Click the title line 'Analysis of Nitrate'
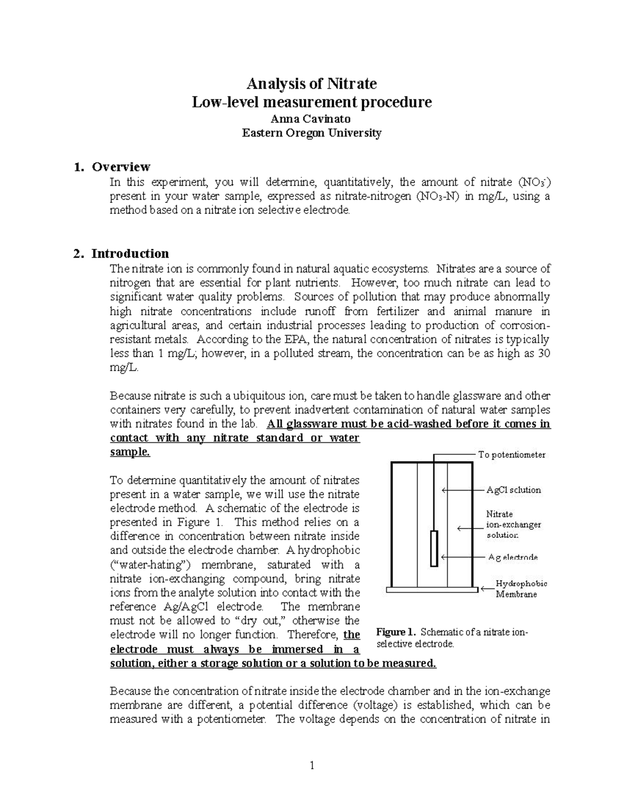tap(311, 83)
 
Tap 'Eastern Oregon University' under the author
tap(311, 133)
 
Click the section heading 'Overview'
tap(121, 167)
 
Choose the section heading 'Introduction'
tap(130, 253)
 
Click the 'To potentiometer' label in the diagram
tap(512, 455)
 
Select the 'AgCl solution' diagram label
tap(513, 490)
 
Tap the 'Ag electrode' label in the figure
tap(513, 557)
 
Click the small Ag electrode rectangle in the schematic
tap(434, 548)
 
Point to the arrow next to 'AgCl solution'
tap(458, 490)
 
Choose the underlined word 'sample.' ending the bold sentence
tap(130, 452)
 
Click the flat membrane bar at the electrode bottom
tap(432, 589)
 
